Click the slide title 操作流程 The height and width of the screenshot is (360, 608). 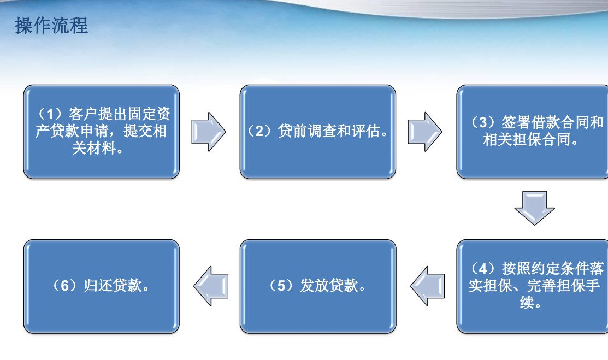click(x=51, y=26)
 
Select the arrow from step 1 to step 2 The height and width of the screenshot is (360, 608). click(x=208, y=132)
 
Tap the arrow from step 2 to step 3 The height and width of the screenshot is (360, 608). click(x=424, y=132)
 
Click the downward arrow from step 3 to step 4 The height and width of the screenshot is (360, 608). click(x=534, y=208)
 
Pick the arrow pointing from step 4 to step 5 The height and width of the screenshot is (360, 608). click(x=428, y=286)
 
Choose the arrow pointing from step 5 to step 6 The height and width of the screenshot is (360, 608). click(x=211, y=286)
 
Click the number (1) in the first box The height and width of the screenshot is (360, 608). click(x=50, y=114)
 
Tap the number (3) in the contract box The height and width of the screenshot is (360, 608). click(x=483, y=122)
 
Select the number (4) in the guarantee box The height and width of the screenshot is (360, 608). click(x=483, y=268)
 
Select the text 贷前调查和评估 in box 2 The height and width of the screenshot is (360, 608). click(x=329, y=131)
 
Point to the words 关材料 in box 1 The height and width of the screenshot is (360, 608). click(x=93, y=148)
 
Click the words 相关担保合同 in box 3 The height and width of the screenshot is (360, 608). click(x=527, y=139)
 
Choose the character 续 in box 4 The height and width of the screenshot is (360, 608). click(x=527, y=302)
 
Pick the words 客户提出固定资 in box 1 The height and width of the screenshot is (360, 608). click(x=120, y=114)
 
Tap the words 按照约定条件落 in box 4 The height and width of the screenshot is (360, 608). click(x=553, y=268)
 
